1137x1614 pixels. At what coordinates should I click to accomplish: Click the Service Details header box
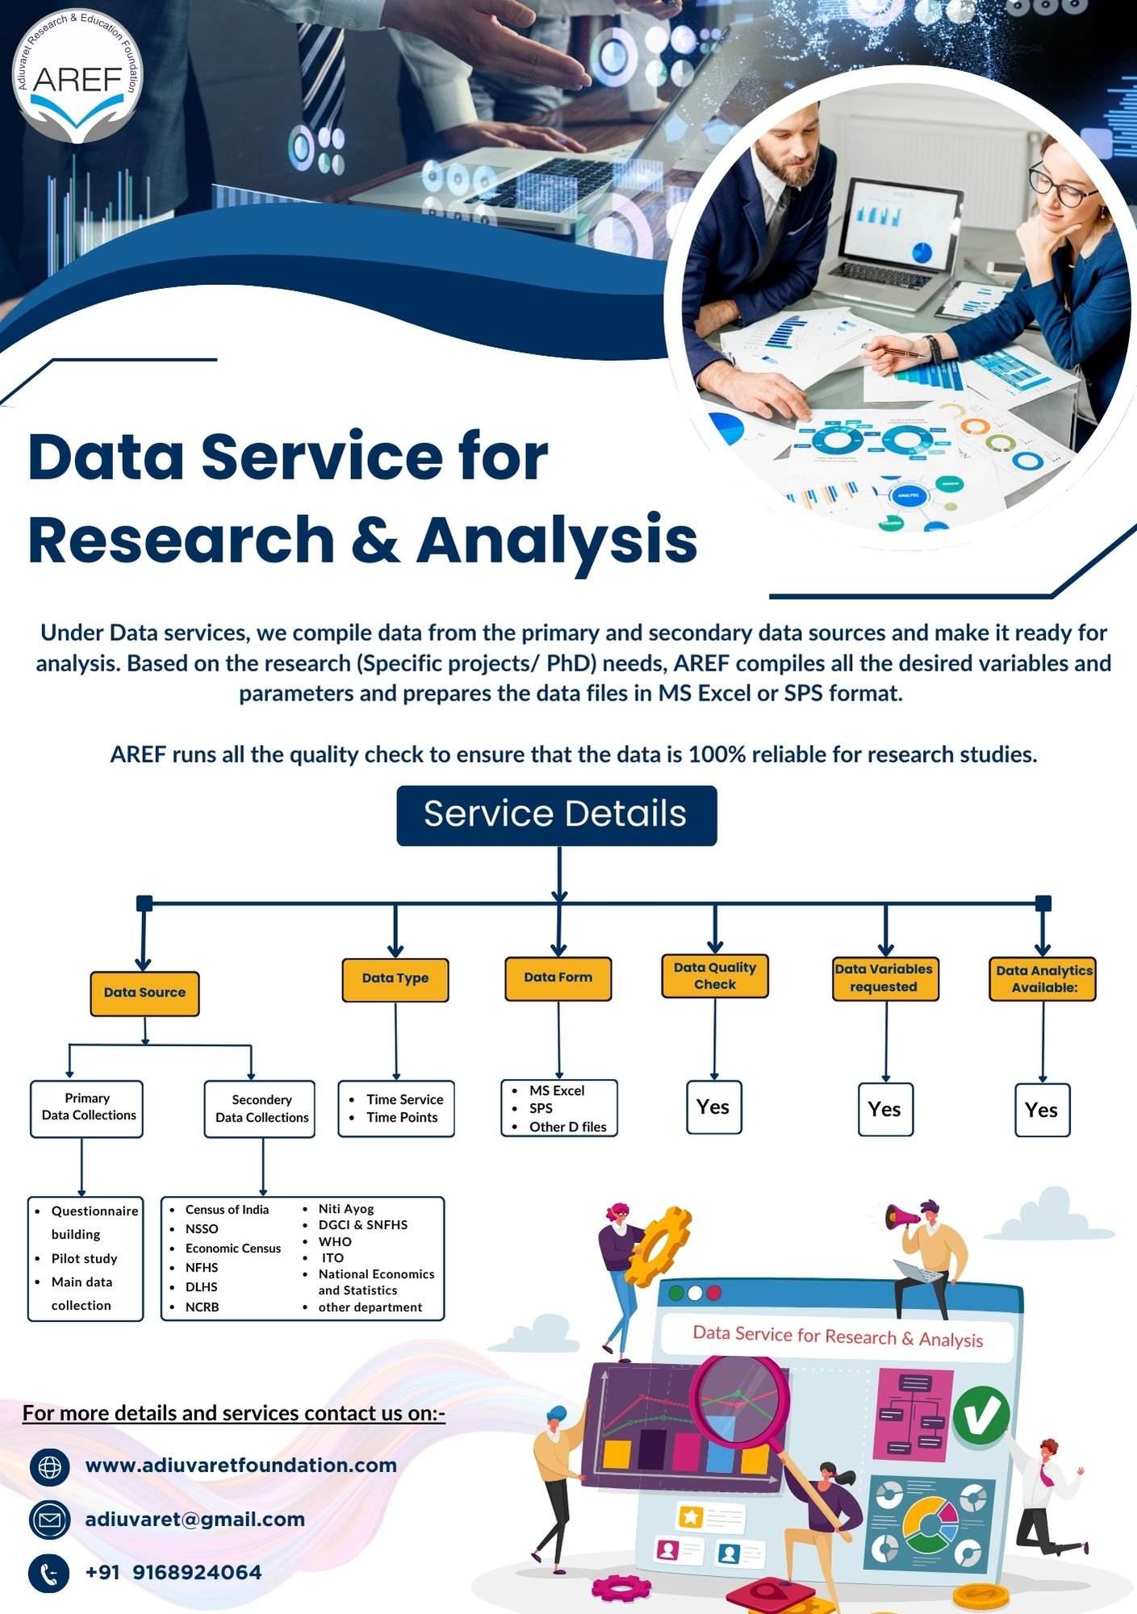[x=556, y=815]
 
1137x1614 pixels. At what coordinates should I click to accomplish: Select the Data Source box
[x=144, y=993]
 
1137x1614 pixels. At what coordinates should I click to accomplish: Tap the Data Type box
[x=395, y=979]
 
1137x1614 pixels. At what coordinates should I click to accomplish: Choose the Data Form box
[x=558, y=978]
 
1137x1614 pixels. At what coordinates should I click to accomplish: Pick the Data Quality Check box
[x=715, y=976]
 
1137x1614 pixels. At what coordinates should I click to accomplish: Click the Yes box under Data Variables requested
[x=885, y=1110]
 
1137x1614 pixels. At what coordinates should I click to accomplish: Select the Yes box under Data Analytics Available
[x=1042, y=1110]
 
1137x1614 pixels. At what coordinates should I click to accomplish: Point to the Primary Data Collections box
[x=87, y=1108]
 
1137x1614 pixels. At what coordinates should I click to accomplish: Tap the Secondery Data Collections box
[x=261, y=1109]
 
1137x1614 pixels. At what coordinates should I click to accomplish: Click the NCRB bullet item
[x=202, y=1307]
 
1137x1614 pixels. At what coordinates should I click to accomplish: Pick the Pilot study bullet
[x=84, y=1258]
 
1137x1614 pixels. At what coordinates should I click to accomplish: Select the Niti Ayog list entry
[x=345, y=1208]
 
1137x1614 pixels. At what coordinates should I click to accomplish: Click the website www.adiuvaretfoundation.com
[x=240, y=1465]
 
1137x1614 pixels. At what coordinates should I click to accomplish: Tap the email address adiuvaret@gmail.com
[x=194, y=1519]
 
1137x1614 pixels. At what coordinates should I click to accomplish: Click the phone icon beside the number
[x=49, y=1573]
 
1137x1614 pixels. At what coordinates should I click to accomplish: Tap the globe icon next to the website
[x=49, y=1466]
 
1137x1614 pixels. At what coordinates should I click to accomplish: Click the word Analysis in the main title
[x=556, y=539]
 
